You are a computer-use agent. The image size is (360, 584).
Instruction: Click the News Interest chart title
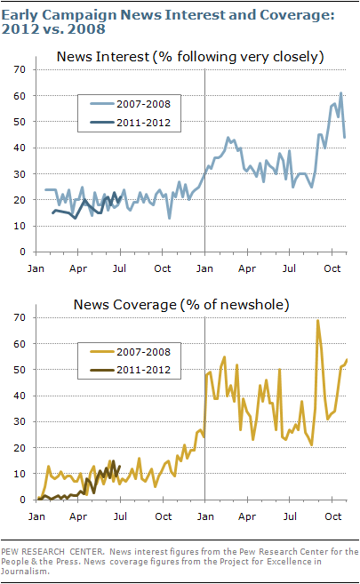190,57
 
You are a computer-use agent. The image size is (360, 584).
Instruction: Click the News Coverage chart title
181,305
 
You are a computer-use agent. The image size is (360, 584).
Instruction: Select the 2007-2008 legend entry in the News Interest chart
131,104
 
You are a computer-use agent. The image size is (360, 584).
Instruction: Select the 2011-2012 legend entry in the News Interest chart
131,123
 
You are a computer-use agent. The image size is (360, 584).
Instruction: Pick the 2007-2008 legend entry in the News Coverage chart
131,352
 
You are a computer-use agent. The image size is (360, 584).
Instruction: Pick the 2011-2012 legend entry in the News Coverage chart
131,370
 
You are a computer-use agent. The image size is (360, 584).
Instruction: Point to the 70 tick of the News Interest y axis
20,69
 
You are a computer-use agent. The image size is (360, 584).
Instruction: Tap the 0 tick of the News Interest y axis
23,252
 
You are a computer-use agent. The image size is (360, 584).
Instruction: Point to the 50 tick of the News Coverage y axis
20,370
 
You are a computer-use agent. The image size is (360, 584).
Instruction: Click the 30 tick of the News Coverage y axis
20,421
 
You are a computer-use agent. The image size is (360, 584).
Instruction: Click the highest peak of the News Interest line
340,93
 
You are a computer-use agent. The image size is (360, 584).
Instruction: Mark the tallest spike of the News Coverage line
317,320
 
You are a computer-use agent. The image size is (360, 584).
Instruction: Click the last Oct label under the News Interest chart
332,268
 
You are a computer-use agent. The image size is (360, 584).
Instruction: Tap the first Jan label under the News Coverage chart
36,516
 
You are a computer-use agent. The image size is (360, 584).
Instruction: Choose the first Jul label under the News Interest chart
119,268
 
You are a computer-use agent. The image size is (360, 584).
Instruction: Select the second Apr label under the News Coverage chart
247,516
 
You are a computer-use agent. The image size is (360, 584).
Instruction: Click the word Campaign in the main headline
79,16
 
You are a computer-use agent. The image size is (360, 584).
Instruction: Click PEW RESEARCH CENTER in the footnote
52,552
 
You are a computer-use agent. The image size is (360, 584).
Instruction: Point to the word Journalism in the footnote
25,572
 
